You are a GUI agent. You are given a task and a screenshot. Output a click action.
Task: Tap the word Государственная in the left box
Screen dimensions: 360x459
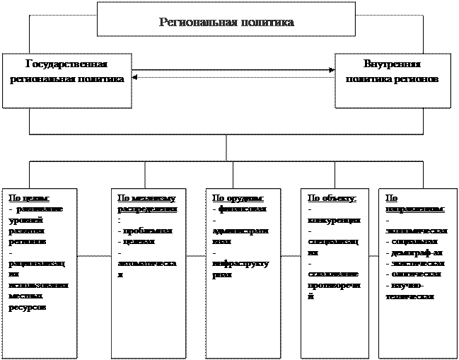[x=66, y=63]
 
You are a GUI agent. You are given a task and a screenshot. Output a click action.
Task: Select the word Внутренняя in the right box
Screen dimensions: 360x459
[x=392, y=63]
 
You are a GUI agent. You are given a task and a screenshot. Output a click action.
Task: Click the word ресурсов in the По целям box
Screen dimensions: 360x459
[x=29, y=306]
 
